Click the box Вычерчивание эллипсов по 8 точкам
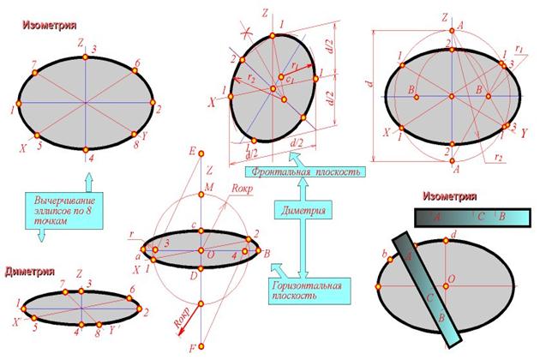click(x=55, y=210)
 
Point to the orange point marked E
click(x=201, y=157)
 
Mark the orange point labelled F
click(x=201, y=347)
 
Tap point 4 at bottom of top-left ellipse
click(x=87, y=150)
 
